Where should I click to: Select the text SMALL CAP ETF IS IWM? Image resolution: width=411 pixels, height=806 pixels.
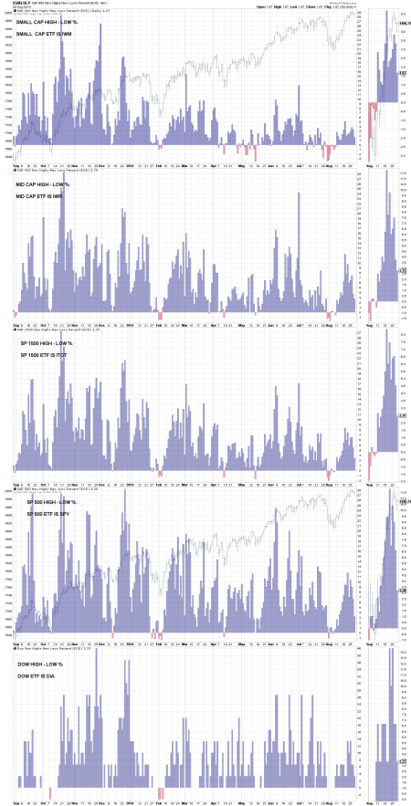coord(40,34)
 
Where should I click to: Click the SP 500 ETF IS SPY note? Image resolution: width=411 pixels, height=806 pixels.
coord(47,514)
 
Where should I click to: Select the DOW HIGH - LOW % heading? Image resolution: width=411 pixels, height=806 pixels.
coord(35,662)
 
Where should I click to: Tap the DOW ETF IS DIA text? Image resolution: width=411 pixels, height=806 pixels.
coord(34,674)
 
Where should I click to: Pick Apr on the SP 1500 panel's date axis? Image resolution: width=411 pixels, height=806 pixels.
coord(213,481)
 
